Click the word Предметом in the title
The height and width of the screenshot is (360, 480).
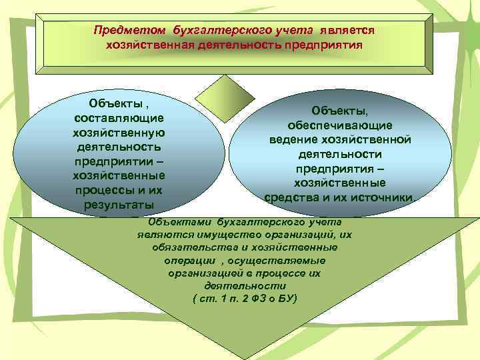tap(130, 31)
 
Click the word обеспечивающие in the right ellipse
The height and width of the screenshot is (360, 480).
tap(339, 125)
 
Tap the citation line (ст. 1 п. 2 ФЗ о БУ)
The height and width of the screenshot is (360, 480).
tap(244, 297)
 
